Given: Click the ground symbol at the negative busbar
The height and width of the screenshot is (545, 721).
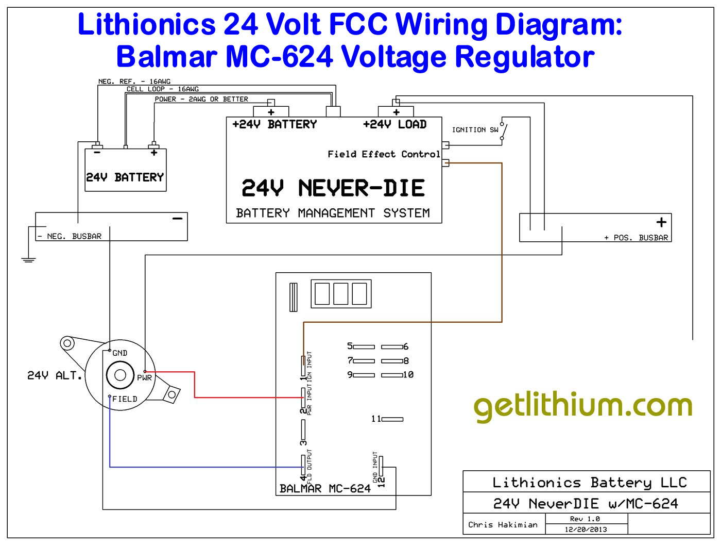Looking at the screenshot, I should (x=29, y=259).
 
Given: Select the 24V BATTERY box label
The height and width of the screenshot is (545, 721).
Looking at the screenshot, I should (x=125, y=177).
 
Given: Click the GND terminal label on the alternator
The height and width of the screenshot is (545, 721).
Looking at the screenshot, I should (x=119, y=353).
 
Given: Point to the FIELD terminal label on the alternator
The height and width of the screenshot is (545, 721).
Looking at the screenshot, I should (x=125, y=399).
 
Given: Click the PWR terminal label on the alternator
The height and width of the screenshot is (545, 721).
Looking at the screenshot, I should (x=144, y=377).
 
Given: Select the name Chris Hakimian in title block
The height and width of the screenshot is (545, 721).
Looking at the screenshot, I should (x=503, y=525).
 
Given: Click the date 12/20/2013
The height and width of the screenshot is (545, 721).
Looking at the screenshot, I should (x=586, y=530).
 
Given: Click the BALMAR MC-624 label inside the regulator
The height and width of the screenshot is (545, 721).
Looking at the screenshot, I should (x=325, y=488).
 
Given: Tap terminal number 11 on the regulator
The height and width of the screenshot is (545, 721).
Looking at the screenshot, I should (x=376, y=419).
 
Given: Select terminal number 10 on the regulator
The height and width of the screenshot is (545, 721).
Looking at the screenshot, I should (x=408, y=375).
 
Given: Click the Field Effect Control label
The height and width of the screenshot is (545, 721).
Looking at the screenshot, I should (x=384, y=154).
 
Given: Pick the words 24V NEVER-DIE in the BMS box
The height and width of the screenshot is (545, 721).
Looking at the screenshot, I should (x=333, y=189).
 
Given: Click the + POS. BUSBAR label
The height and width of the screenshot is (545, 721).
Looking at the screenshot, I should (x=636, y=238).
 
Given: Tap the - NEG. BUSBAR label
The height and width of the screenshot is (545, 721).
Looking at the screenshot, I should (x=70, y=236).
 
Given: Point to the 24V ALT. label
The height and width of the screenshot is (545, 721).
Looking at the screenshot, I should (x=55, y=375).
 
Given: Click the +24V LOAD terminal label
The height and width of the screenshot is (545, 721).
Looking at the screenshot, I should (x=394, y=124).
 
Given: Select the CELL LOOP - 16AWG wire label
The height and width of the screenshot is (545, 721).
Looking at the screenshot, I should (x=163, y=89).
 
